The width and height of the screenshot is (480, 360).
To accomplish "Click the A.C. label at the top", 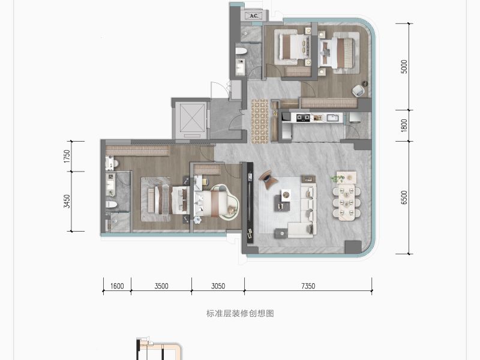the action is [x=254, y=16].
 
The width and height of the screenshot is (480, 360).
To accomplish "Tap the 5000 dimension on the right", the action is [x=404, y=67].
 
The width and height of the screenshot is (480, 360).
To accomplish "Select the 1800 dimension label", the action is [x=404, y=125].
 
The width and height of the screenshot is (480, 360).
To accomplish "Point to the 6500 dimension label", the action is [x=404, y=197].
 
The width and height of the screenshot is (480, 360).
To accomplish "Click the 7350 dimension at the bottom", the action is [x=308, y=286].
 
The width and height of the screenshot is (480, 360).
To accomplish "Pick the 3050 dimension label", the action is [x=218, y=286].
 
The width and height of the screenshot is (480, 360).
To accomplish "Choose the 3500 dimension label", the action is [x=161, y=286].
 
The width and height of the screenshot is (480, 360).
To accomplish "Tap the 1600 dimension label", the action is [x=117, y=286].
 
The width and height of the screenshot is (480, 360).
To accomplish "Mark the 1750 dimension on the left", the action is [x=67, y=156].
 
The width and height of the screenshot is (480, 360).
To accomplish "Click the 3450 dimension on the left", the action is [x=67, y=201].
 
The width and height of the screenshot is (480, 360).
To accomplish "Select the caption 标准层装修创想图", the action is [x=240, y=313].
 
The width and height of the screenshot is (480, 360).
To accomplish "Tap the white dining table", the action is [x=347, y=202].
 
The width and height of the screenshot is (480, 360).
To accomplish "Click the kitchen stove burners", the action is [x=303, y=118].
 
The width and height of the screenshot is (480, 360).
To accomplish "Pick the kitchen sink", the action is [x=332, y=118].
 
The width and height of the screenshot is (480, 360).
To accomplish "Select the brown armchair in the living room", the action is [x=267, y=179].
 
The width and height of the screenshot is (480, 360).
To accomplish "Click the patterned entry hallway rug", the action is [x=260, y=121].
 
